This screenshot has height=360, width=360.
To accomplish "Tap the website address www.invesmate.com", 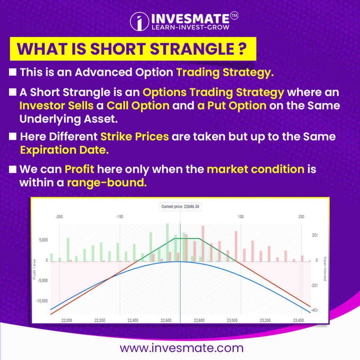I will (x=181, y=348).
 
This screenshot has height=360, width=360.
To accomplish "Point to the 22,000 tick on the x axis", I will (x=67, y=320).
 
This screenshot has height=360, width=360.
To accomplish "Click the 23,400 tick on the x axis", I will (x=298, y=320).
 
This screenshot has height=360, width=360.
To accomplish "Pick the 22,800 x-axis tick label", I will (x=199, y=320).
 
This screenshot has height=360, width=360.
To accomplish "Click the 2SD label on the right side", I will (x=301, y=217).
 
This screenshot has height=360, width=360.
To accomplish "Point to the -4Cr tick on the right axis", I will (x=315, y=310).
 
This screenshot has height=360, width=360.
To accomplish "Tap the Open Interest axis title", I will (x=325, y=269).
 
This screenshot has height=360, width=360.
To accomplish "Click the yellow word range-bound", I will (x=107, y=183).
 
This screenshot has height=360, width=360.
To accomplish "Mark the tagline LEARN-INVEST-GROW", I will (x=188, y=27).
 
